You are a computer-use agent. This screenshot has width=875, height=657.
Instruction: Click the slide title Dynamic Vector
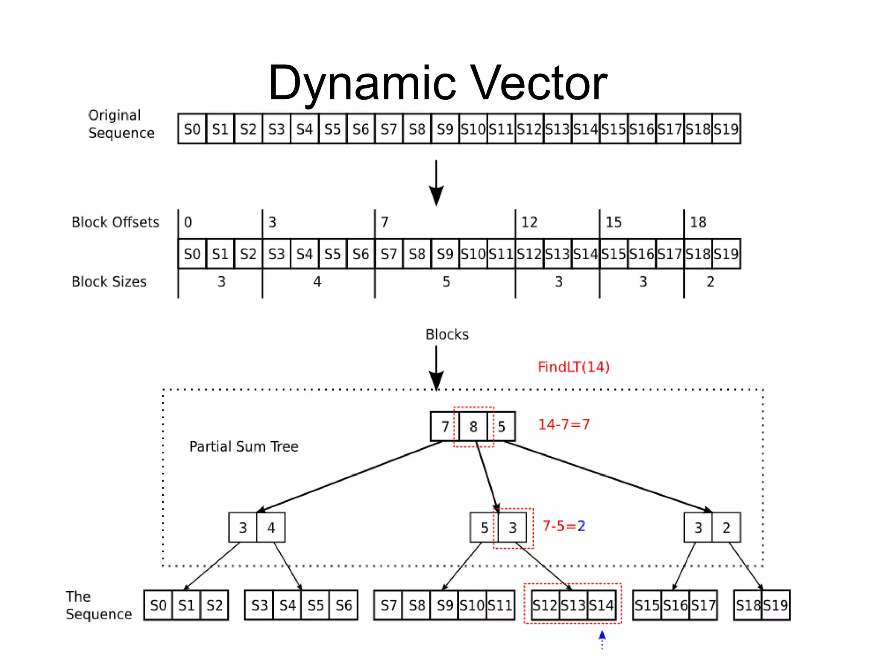click(x=437, y=83)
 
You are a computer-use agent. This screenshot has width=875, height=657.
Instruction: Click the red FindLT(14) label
click(x=573, y=367)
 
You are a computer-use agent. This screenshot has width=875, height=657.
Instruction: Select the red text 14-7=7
click(x=564, y=424)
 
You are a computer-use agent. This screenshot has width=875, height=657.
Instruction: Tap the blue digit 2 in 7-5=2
click(x=581, y=526)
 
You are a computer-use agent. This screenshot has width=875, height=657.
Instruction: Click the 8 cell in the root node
click(x=473, y=426)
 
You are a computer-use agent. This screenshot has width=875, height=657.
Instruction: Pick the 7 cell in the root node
click(x=445, y=426)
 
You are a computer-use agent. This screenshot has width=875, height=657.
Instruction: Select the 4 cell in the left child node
click(x=271, y=528)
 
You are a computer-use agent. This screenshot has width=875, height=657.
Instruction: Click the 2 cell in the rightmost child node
click(x=726, y=528)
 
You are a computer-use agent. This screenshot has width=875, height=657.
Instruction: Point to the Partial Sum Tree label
click(x=244, y=447)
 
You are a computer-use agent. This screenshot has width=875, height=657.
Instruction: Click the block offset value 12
click(x=529, y=222)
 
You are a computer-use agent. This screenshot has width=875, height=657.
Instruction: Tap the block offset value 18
click(x=698, y=222)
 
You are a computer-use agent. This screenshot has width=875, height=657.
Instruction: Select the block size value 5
click(x=446, y=281)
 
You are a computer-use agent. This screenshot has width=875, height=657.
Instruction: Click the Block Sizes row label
click(x=109, y=281)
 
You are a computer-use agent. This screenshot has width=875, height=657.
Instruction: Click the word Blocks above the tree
click(x=447, y=334)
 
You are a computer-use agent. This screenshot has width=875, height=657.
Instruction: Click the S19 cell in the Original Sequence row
click(x=726, y=129)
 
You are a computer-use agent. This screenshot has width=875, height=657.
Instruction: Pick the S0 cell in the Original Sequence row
click(x=192, y=129)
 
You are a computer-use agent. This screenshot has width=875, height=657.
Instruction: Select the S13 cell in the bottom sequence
click(x=573, y=605)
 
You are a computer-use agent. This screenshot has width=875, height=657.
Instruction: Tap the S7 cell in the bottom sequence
click(x=388, y=605)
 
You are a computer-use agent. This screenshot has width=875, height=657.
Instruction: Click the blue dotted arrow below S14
click(x=602, y=639)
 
